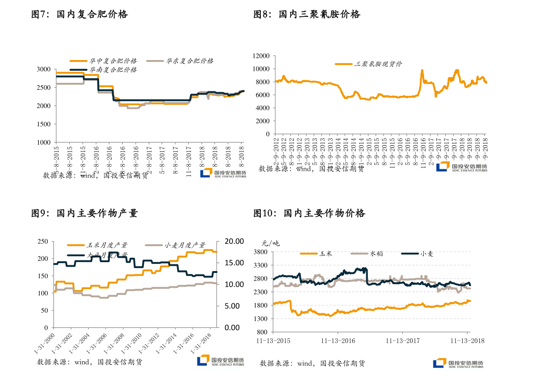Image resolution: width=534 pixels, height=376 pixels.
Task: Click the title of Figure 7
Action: (x=79, y=14)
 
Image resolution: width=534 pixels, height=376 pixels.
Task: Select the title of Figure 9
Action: (x=84, y=213)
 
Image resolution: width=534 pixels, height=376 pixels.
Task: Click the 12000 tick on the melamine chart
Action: (x=261, y=56)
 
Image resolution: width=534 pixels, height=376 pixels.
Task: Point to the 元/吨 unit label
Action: (x=270, y=244)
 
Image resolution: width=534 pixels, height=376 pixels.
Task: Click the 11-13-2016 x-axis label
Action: (x=338, y=341)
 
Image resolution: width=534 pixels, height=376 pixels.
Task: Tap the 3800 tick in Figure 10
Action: (x=261, y=252)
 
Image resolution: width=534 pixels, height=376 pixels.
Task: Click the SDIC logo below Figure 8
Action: (x=462, y=167)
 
